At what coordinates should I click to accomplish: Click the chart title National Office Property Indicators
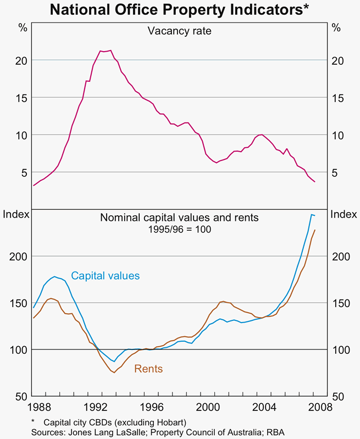point(180,10)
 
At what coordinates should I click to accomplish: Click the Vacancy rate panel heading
point(179,31)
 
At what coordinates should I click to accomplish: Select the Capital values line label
point(105,276)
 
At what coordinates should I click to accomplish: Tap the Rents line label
point(148,369)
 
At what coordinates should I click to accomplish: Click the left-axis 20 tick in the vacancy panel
point(20,60)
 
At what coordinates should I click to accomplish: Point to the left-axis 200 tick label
point(18,257)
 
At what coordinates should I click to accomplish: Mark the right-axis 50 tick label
point(340,396)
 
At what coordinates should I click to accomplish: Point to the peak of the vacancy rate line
point(110,51)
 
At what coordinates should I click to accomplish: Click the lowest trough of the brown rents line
point(113,373)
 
